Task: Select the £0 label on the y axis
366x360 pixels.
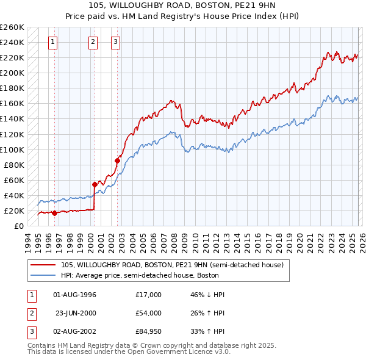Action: (19, 226)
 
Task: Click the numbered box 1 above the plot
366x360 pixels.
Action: (54, 42)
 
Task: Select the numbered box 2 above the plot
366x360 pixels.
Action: (93, 42)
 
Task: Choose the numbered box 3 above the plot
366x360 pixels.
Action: (115, 42)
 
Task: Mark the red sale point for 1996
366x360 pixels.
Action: (54, 213)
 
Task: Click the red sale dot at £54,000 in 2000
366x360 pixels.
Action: (95, 184)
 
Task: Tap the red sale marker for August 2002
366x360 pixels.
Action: (117, 160)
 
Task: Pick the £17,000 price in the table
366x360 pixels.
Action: (149, 295)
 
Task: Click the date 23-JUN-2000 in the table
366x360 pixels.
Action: (75, 313)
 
